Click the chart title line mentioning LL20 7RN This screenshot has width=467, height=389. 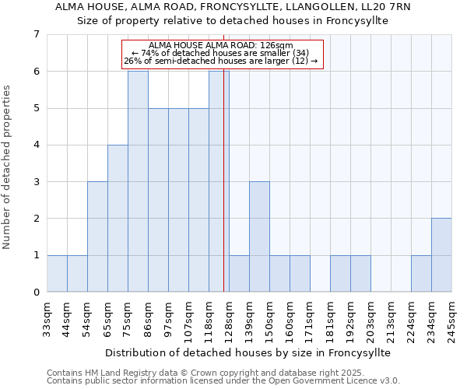click(233, 7)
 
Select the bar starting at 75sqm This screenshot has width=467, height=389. click(138, 181)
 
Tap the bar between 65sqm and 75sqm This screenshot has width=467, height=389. click(118, 218)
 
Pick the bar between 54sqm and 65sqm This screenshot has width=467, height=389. click(97, 237)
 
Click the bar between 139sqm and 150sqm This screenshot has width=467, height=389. click(259, 237)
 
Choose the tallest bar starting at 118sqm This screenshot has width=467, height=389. click(219, 181)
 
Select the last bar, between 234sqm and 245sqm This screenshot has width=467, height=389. click(441, 255)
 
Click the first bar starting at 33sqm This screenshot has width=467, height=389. click(57, 273)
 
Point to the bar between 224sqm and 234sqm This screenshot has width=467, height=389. click(421, 273)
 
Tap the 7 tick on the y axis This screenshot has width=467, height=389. click(36, 34)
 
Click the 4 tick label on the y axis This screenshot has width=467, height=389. click(36, 145)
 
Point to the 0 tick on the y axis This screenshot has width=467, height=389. click(36, 292)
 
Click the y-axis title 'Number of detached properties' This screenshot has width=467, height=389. click(9, 167)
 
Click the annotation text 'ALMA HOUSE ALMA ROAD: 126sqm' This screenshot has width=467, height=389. click(220, 46)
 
